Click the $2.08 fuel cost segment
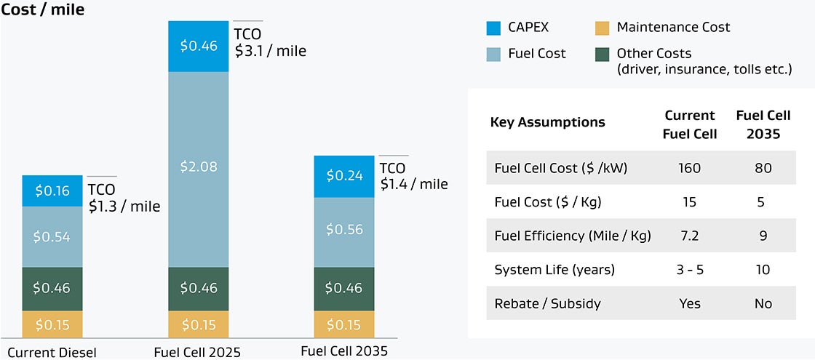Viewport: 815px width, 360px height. (198, 167)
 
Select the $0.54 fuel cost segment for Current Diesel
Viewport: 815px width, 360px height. (52, 236)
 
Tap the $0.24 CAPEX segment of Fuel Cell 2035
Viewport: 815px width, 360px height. (343, 176)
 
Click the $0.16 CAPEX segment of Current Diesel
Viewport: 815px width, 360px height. (52, 191)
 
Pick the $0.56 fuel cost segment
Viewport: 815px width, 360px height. (343, 230)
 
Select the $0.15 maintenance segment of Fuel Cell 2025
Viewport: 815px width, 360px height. (198, 324)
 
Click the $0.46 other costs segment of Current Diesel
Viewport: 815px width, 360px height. (52, 288)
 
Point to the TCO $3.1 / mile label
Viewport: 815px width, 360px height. (270, 43)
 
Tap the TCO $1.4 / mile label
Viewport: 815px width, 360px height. (413, 177)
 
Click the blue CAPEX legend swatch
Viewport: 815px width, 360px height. (494, 28)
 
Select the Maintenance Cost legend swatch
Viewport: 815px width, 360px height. (601, 28)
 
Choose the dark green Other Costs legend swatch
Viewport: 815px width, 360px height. (601, 54)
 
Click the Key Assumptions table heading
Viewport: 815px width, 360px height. (547, 122)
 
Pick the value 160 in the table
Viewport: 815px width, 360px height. (689, 168)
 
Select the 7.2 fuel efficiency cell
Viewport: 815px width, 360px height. (689, 236)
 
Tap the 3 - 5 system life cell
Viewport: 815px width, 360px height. (689, 269)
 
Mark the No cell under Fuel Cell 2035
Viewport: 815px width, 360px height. (763, 303)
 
